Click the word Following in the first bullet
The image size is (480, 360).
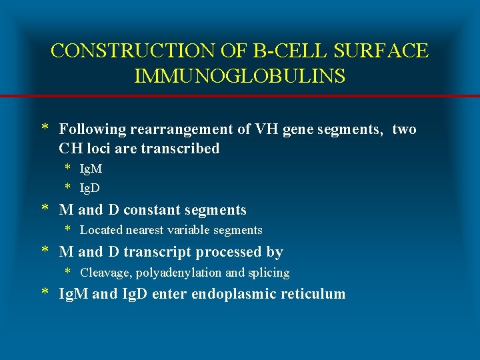89,129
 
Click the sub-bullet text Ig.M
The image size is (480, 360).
91,169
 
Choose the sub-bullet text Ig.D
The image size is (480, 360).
90,188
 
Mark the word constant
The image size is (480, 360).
155,210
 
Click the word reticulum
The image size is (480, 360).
314,294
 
